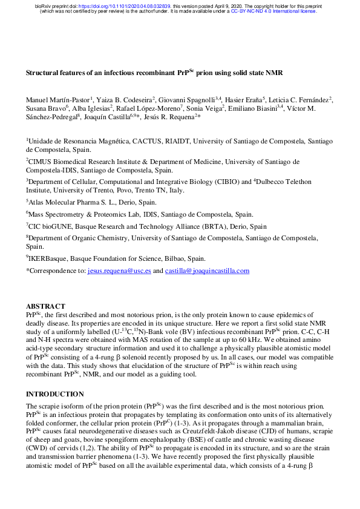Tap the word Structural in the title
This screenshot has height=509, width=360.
pyautogui.click(x=42, y=73)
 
